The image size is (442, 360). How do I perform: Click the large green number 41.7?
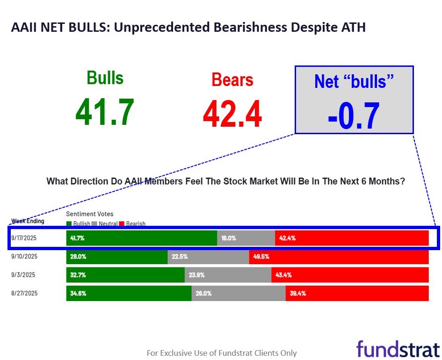(x=105, y=113)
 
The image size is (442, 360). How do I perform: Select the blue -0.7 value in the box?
(x=354, y=115)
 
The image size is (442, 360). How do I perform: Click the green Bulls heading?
(x=105, y=78)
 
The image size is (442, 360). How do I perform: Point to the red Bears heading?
(x=232, y=79)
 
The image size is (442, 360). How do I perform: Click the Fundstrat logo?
(x=398, y=349)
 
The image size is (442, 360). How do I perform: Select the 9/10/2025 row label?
(x=24, y=256)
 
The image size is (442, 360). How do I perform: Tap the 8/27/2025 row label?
(x=24, y=293)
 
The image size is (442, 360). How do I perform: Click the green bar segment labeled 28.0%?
(x=117, y=257)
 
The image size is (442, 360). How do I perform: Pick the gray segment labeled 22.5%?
(x=208, y=257)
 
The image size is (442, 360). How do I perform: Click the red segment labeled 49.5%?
(x=339, y=257)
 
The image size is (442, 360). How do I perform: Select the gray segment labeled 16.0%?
(x=246, y=238)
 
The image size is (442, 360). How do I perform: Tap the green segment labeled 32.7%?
(x=125, y=275)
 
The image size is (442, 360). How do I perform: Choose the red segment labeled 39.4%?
(x=357, y=294)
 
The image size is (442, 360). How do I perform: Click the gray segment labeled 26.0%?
(x=239, y=294)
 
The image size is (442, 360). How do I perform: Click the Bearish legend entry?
(x=133, y=224)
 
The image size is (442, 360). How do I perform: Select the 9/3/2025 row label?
(x=23, y=275)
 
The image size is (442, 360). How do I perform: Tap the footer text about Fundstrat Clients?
(x=221, y=353)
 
